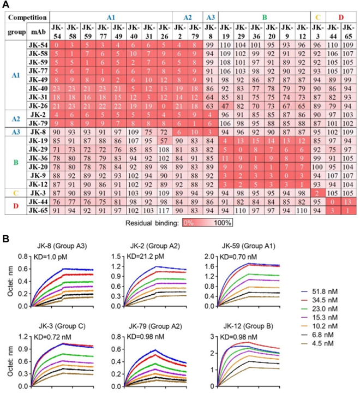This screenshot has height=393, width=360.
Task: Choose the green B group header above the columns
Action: coord(264,17)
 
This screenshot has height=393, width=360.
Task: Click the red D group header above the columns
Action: coord(341,17)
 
